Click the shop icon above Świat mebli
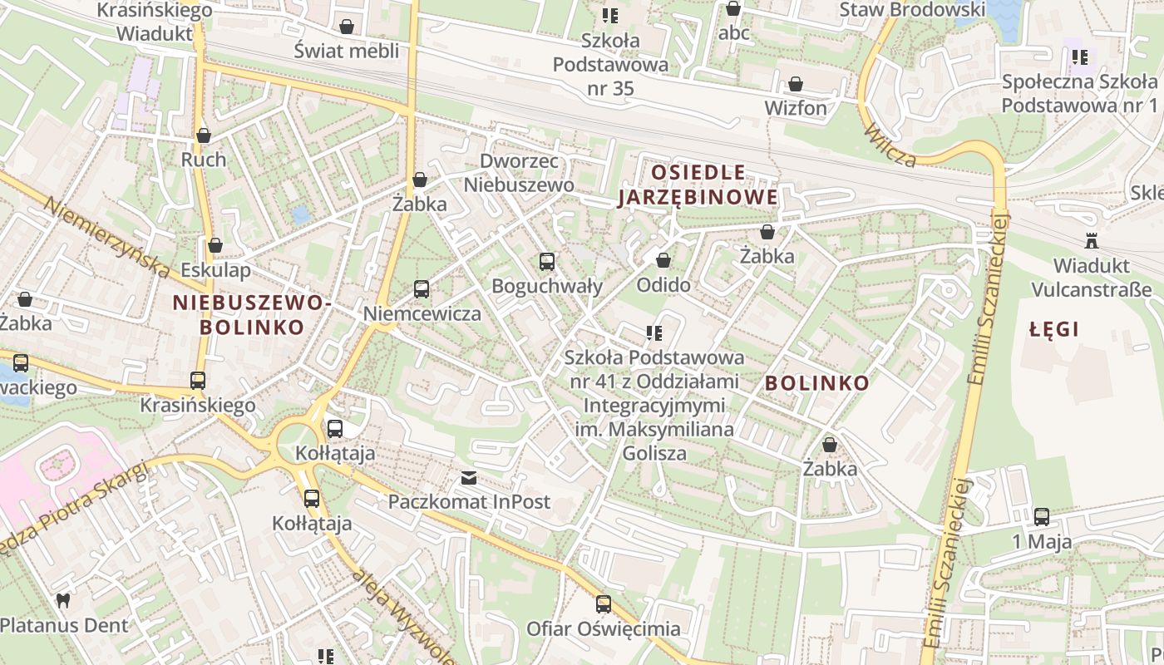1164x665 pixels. (x=347, y=27)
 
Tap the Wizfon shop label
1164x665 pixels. (x=796, y=108)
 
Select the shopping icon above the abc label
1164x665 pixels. (x=733, y=9)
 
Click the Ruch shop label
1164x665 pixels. (x=204, y=159)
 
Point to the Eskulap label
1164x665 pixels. (x=215, y=270)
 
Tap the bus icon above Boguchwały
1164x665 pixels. (x=546, y=262)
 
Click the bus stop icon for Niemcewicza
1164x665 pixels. (x=422, y=289)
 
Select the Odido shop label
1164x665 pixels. (x=663, y=285)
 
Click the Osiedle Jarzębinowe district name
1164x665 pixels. (x=698, y=185)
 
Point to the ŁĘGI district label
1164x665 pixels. (x=1053, y=329)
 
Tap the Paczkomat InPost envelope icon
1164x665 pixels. (x=469, y=478)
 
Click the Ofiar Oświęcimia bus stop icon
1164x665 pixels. (x=604, y=604)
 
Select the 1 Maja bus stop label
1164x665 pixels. (x=1041, y=542)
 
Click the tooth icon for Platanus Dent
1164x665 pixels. (x=62, y=600)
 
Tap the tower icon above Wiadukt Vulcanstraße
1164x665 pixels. (x=1091, y=241)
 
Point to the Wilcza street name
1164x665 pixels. (x=889, y=145)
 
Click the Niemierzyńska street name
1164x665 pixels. (x=104, y=237)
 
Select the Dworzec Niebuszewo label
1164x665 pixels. (x=519, y=173)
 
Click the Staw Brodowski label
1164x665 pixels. (x=911, y=10)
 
